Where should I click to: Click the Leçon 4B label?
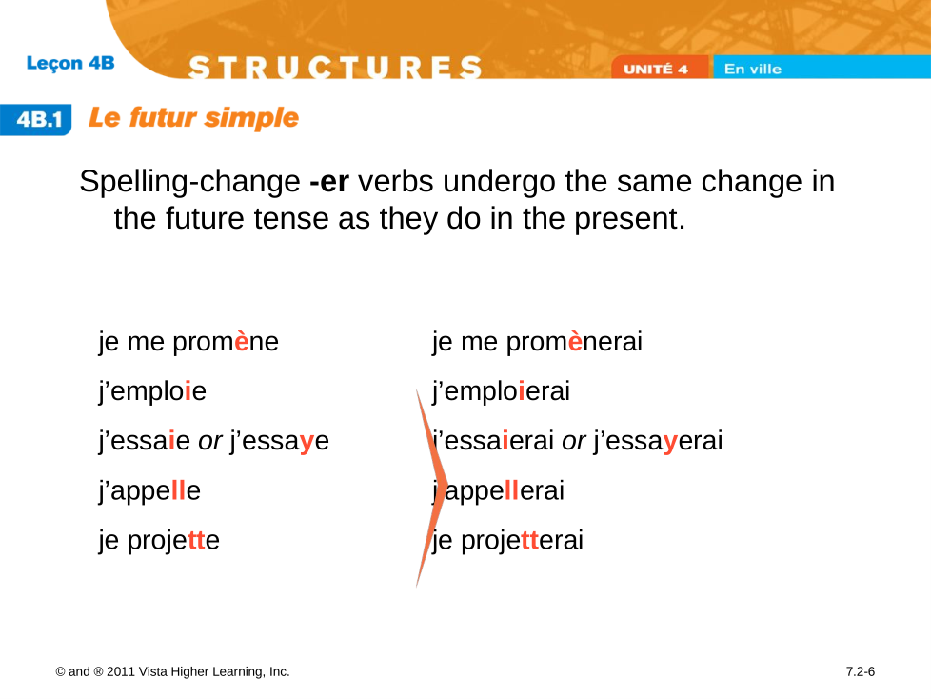pos(70,63)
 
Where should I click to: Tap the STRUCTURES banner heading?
pos(335,67)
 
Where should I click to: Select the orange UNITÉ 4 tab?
pos(659,67)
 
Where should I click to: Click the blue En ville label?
pos(753,69)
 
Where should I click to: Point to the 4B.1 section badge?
pos(36,119)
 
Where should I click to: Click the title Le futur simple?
pos(193,117)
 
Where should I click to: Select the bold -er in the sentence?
pos(329,181)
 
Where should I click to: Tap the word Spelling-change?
pos(190,182)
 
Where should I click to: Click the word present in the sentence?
pos(630,219)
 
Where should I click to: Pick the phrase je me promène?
pos(188,342)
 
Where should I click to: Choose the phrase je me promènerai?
pos(537,342)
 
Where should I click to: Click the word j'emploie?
pos(152,391)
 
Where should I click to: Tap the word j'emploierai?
pos(501,391)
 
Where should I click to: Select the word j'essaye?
pos(279,441)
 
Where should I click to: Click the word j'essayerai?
pos(658,441)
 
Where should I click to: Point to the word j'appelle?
pos(149,491)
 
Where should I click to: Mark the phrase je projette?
pos(159,541)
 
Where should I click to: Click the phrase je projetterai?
pos(507,541)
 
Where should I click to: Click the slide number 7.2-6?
pos(861,671)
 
